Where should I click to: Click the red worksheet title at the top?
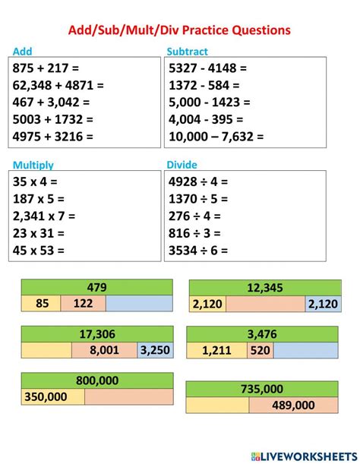point(180,30)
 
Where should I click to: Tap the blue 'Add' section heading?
point(24,52)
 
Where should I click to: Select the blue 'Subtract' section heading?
point(187,52)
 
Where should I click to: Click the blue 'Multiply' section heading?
point(33,164)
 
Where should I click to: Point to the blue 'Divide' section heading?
point(182,163)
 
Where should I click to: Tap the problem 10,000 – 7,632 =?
point(216,137)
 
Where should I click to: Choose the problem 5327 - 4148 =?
point(207,68)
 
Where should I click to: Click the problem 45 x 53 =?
point(39,250)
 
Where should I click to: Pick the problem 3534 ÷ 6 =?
point(198,250)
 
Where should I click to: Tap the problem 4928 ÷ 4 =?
point(198,182)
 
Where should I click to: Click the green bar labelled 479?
point(96,287)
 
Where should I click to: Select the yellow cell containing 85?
point(41,304)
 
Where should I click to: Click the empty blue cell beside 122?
point(138,304)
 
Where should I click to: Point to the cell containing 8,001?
point(104,350)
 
